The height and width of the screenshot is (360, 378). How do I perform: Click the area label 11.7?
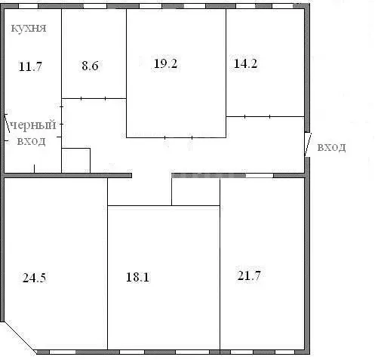pyautogui.click(x=30, y=67)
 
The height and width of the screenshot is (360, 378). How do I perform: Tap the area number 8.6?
pyautogui.click(x=90, y=66)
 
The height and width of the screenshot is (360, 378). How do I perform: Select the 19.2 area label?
pyautogui.click(x=166, y=63)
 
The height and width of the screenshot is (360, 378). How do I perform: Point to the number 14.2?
pyautogui.click(x=245, y=63)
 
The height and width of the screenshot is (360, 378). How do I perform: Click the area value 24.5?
pyautogui.click(x=35, y=278)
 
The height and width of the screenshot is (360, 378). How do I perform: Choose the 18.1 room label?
pyautogui.click(x=137, y=277)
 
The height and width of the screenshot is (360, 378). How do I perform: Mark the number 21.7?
pyautogui.click(x=249, y=275)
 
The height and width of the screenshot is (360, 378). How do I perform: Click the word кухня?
pyautogui.click(x=29, y=28)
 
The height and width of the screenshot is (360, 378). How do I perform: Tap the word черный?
pyautogui.click(x=33, y=125)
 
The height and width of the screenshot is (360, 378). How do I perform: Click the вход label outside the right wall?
pyautogui.click(x=331, y=147)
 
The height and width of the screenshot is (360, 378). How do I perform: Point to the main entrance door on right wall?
pyautogui.click(x=308, y=145)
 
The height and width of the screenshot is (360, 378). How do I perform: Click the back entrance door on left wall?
pyautogui.click(x=7, y=123)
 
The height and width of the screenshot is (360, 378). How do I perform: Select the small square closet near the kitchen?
pyautogui.click(x=76, y=161)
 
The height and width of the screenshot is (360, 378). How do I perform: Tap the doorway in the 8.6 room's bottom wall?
pyautogui.click(x=93, y=98)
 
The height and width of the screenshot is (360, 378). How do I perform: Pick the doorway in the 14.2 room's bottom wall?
pyautogui.click(x=257, y=116)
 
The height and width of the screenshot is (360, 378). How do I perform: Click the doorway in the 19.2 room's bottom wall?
pyautogui.click(x=179, y=137)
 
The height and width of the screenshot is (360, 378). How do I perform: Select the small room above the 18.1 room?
pyautogui.click(x=196, y=192)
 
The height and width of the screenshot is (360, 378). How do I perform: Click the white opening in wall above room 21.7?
pyautogui.click(x=260, y=175)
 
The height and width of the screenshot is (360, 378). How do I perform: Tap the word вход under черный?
pyautogui.click(x=32, y=141)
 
